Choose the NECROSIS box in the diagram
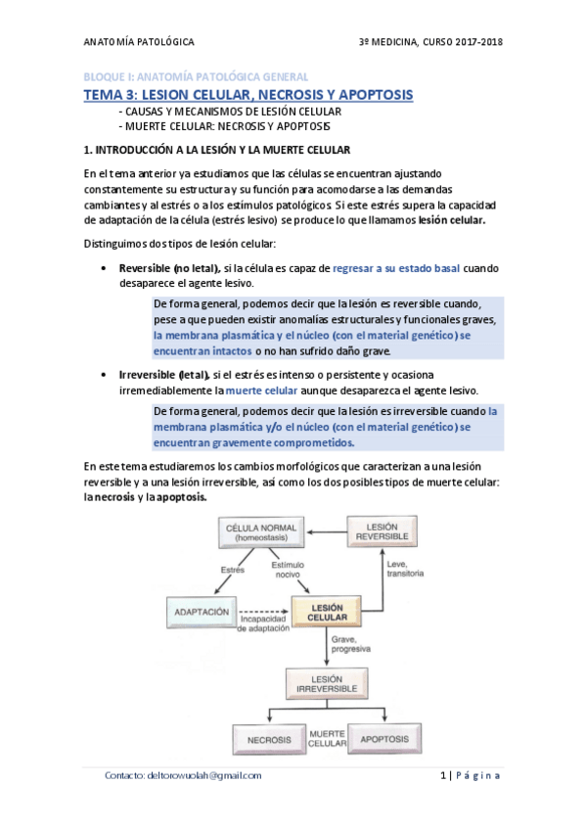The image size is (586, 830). (265, 739)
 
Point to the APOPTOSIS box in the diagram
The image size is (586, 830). (384, 739)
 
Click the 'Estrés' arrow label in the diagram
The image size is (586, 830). (231, 570)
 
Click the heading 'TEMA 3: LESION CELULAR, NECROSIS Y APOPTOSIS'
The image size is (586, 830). (246, 95)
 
